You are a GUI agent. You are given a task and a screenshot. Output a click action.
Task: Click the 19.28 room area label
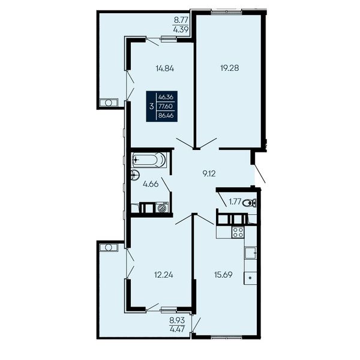pos(229,68)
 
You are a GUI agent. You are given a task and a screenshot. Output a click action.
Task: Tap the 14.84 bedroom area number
pos(165,68)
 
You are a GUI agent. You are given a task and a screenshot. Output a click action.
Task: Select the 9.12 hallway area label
pos(209,174)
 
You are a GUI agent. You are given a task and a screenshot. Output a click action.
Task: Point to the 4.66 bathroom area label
pos(151,184)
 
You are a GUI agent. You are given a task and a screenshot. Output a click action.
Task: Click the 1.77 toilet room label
pos(235,202)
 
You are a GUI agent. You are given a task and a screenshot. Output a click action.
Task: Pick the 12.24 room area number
pos(163,275)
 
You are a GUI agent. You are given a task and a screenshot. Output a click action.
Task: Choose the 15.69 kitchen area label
pos(223,275)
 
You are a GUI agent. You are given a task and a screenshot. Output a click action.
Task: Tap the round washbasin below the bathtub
pos(135,176)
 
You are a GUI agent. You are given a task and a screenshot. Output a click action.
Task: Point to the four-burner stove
pos(238,232)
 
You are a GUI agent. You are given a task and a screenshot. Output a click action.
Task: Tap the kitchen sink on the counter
pos(250,253)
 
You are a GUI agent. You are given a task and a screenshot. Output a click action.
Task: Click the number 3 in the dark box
pos(151,107)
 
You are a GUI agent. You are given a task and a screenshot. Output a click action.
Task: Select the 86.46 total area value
pos(166,115)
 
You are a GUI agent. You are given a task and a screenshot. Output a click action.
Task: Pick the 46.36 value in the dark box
pos(166,97)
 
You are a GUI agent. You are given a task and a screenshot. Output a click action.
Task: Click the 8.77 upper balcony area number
pos(181,20)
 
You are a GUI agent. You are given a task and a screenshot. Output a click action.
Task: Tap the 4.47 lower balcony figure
pos(177,330)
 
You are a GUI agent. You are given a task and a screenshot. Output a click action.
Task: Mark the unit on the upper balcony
pos(109,103)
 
